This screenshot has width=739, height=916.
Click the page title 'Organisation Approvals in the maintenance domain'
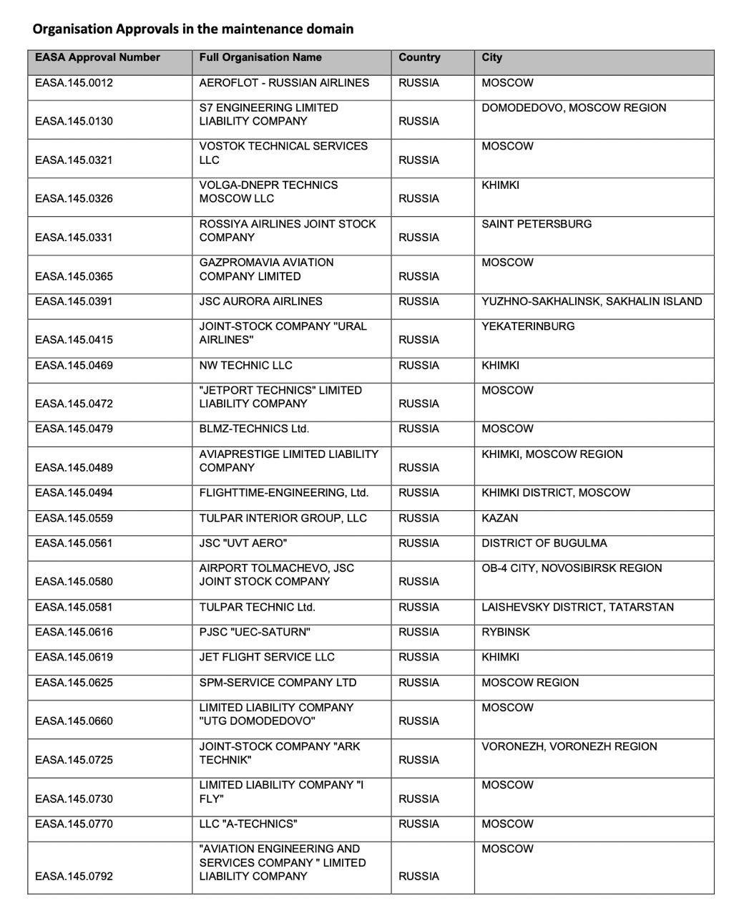tap(193, 29)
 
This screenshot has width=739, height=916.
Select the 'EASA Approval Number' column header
tap(97, 58)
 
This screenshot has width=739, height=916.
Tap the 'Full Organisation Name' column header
tap(260, 58)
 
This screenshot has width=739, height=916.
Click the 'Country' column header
tap(419, 58)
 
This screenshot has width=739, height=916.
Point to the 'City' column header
tap(492, 58)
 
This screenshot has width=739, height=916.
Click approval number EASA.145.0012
tap(74, 83)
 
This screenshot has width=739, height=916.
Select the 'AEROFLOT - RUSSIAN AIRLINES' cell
tap(284, 83)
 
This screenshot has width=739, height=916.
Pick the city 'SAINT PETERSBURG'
tap(537, 224)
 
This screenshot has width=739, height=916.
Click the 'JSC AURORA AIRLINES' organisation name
tap(260, 301)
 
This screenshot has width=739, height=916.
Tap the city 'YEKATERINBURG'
tap(528, 326)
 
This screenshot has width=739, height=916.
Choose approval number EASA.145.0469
tap(74, 366)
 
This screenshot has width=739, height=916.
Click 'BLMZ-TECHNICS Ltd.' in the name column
tap(254, 429)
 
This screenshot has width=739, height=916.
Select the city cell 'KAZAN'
tap(500, 518)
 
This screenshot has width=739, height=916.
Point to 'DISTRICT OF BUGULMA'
tap(544, 543)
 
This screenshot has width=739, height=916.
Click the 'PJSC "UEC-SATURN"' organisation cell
tap(255, 633)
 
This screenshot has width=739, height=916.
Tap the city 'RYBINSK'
tap(506, 633)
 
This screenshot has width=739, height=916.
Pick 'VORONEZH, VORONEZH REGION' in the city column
tap(569, 746)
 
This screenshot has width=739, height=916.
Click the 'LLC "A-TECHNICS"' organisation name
tap(248, 824)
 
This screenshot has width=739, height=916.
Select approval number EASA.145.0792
tap(74, 877)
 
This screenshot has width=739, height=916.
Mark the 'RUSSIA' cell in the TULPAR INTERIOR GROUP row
tap(419, 518)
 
